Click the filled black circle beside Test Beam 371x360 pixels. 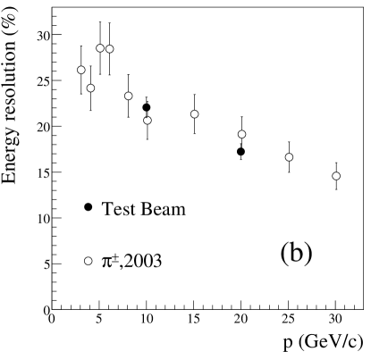coord(88,208)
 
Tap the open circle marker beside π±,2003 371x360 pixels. coord(88,261)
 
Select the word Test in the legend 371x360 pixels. coord(117,209)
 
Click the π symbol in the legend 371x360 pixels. coord(107,263)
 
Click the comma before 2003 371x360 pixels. coord(122,266)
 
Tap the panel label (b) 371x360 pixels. coord(296,252)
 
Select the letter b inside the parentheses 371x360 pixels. coord(296,252)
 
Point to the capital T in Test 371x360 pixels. coord(107,209)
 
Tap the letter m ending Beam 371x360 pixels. coord(179,211)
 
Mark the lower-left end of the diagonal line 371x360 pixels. coord(54,308)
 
